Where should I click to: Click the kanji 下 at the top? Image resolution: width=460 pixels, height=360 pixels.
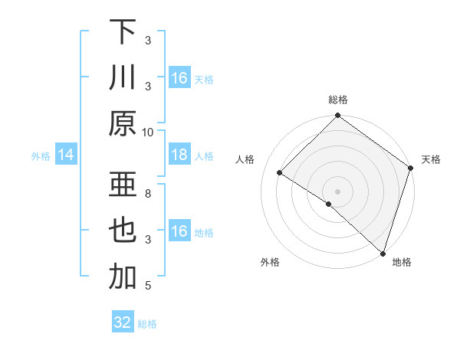pos(123,33)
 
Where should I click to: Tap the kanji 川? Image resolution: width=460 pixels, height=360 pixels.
pos(123,78)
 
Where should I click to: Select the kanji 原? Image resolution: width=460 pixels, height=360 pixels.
pos(123,123)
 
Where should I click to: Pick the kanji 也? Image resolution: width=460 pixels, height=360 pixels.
pos(123,231)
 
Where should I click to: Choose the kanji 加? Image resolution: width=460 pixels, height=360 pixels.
pos(123,277)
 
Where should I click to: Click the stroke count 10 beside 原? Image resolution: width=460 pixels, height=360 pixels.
pos(148,132)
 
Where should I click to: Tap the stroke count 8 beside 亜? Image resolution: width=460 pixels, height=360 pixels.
pos(148,194)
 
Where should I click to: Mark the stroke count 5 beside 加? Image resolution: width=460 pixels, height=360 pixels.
pos(148,286)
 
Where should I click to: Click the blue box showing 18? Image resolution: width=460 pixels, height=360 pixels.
pos(179,155)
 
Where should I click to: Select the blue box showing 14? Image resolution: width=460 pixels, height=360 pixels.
pos(66,155)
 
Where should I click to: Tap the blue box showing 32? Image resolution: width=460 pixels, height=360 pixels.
pos(123,322)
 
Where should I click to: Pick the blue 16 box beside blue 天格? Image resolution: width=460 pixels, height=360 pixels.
pos(179,78)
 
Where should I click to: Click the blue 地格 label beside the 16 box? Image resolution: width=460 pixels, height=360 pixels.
pos(204,233)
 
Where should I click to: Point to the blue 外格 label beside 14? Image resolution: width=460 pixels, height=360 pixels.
pos(41,156)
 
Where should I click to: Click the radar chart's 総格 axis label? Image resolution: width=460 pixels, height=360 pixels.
pos(338,100)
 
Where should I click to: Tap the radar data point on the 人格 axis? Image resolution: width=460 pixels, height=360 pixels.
pos(280,173)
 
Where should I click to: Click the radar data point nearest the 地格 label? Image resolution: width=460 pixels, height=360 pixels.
pos(382,252)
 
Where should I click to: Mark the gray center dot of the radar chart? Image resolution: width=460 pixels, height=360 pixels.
pos(337,191)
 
